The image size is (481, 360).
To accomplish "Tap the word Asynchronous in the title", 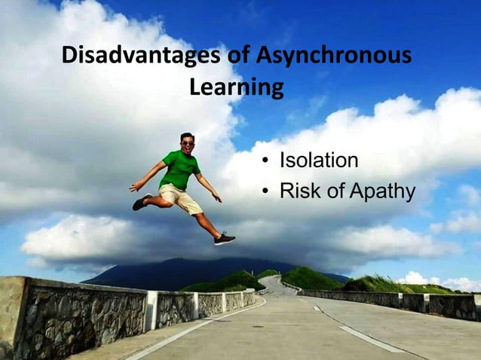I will click(334, 56).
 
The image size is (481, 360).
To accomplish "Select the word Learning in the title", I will click(236, 88).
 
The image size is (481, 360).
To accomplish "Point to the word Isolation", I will click(318, 161).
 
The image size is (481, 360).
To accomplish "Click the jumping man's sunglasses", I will click(187, 142).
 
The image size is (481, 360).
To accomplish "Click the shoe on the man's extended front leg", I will click(225, 239).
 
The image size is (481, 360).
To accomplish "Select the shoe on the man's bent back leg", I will click(141, 202).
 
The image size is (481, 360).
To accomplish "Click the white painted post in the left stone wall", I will click(152, 310).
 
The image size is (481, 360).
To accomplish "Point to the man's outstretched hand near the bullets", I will click(217, 198).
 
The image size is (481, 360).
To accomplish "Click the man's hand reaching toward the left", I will click(133, 188).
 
